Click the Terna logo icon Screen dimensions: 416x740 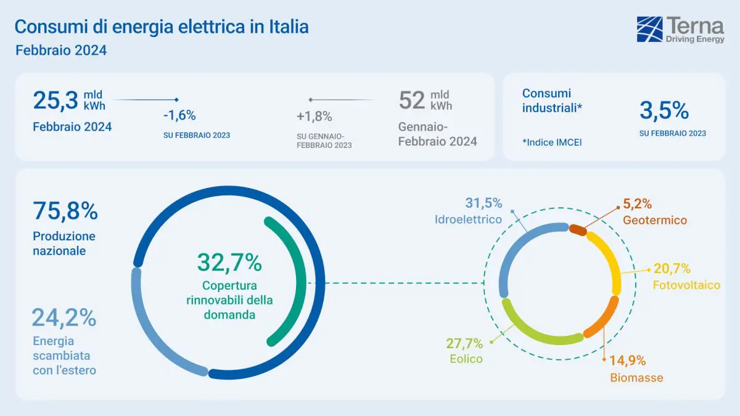[649, 30]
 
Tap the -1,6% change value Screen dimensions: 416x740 [179, 115]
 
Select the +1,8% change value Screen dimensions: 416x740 [314, 116]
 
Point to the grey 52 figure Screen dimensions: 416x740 [411, 100]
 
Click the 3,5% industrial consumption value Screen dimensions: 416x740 [664, 111]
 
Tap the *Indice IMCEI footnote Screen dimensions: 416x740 [552, 142]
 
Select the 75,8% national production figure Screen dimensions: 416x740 [65, 211]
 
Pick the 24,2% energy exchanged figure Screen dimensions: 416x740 [64, 318]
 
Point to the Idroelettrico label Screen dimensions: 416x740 [467, 219]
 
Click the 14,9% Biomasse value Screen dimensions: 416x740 [628, 361]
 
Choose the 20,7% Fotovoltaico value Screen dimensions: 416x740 [672, 269]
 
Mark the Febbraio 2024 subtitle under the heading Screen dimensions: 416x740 [60, 51]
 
